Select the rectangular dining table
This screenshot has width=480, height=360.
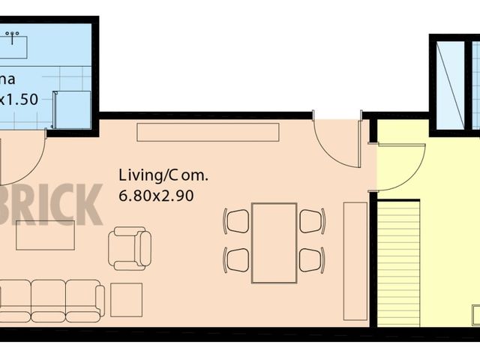coord(274,242)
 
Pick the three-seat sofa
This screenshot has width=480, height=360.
coord(51,301)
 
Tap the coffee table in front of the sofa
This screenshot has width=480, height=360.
coord(45,235)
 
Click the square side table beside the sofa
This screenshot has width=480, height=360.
coord(126,300)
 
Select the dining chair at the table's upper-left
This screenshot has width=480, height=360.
coord(237,220)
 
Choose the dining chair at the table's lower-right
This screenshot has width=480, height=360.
coord(311,259)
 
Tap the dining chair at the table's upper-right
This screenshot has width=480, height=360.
coord(311,220)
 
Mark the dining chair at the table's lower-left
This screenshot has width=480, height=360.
coord(237,259)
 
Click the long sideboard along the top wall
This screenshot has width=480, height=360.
coord(208,132)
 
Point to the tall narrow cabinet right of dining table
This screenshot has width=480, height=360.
coord(355,260)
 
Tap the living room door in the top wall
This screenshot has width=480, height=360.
coord(335,142)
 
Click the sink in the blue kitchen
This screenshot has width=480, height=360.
coord(13,45)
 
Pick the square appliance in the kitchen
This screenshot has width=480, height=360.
coord(72,109)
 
